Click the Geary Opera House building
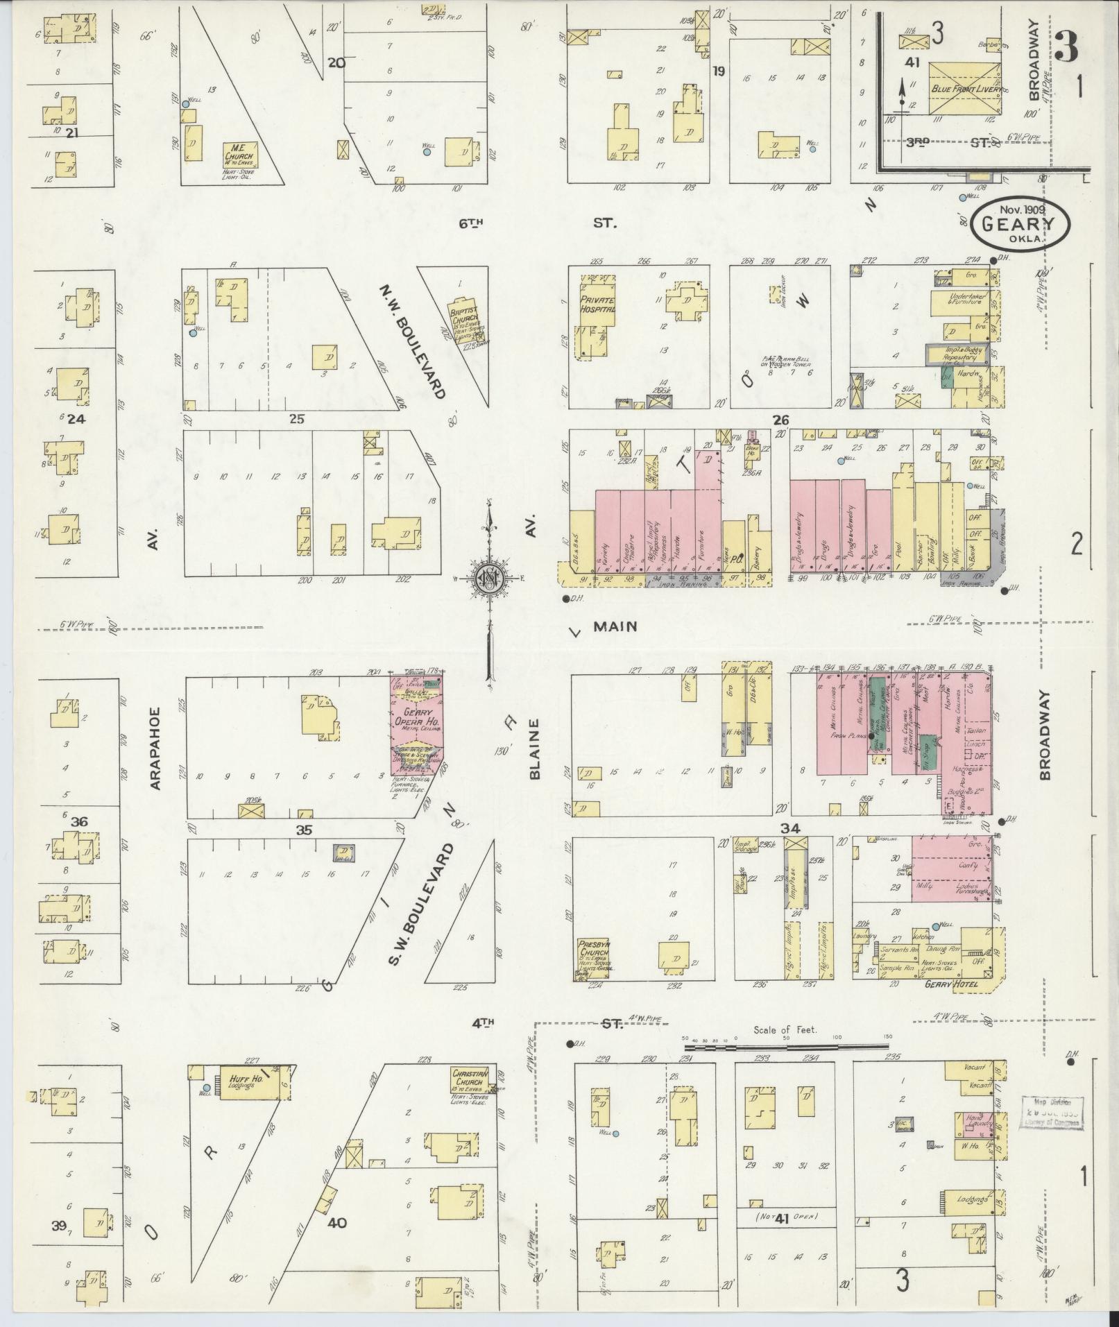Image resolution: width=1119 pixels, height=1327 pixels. (x=417, y=725)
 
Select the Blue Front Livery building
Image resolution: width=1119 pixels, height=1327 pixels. (x=964, y=89)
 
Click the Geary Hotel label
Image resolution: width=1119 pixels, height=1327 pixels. (x=943, y=984)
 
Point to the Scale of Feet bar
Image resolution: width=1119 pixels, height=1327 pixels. (x=786, y=1049)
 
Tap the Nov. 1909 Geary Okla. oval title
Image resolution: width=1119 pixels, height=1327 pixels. (x=1020, y=223)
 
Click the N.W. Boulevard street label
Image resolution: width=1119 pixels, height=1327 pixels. (x=413, y=340)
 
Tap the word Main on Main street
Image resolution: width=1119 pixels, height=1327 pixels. (x=615, y=626)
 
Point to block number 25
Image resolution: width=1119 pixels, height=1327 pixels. (x=297, y=419)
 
